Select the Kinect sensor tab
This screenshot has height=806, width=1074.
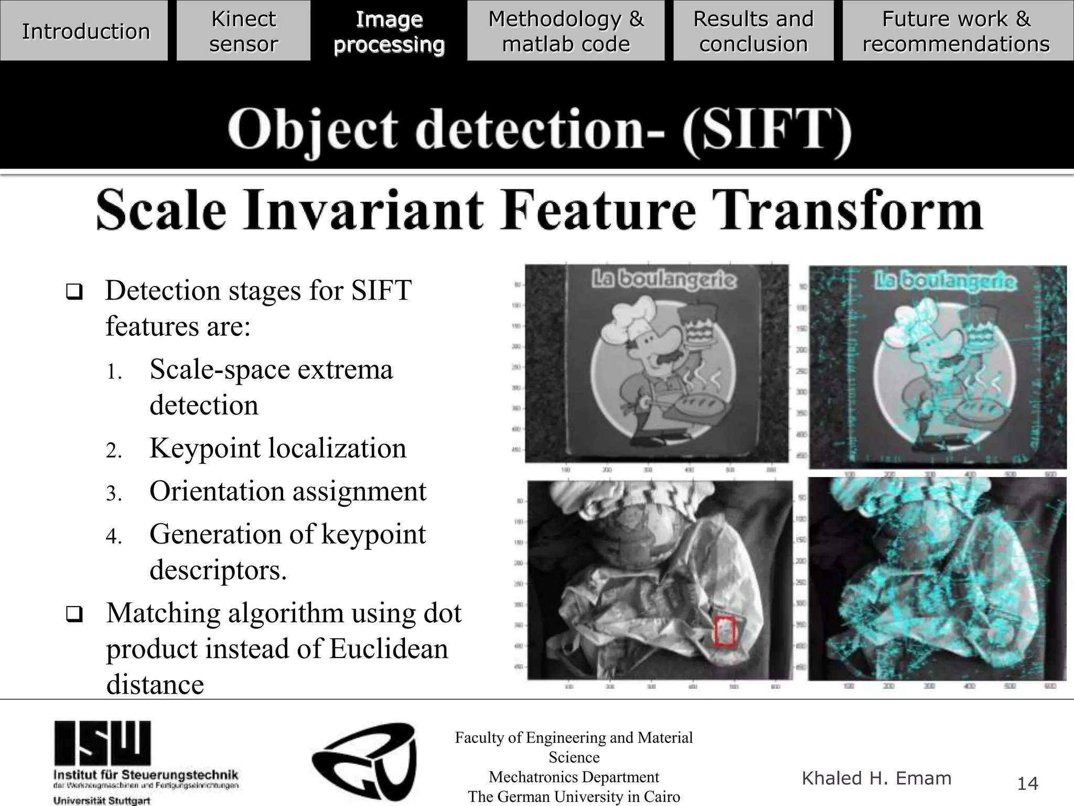pos(243,31)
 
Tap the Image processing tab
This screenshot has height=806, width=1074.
pos(389,31)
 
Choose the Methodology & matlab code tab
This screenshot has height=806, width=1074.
pos(566,31)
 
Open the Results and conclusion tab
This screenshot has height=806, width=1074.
pos(753,31)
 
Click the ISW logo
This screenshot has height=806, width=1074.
pos(103,743)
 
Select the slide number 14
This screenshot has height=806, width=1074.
pos(1027,783)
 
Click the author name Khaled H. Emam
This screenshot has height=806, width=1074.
pos(876,778)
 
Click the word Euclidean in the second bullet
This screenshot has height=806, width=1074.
pos(389,649)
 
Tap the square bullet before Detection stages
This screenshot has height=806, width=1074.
pos(74,292)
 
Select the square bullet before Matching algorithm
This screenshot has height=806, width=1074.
pos(74,614)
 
